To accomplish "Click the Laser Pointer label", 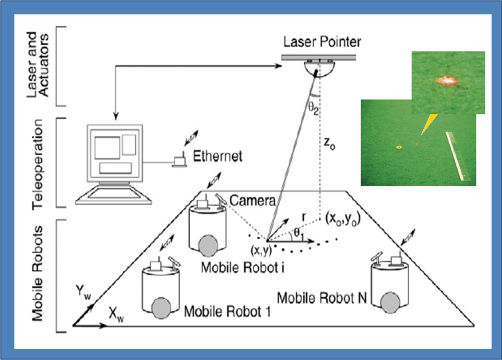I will pos(322,42).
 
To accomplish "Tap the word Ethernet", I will pos(218,157).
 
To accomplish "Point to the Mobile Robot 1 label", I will pos(228,311).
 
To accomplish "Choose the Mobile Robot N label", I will pos(322,298).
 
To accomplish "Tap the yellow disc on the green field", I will pos(398,147).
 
